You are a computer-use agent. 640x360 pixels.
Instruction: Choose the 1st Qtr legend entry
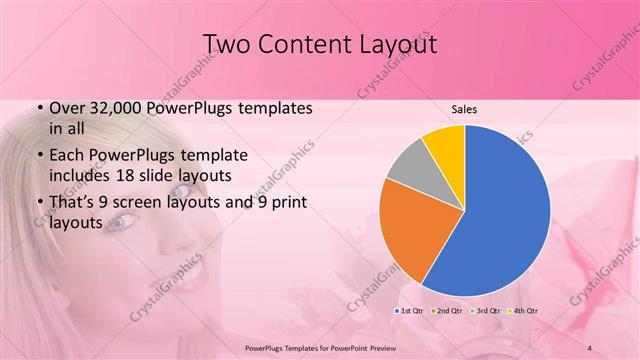[x=415, y=311]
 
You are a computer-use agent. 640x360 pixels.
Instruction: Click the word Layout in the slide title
[x=390, y=45]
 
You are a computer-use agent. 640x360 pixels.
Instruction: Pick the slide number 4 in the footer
[x=590, y=347]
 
